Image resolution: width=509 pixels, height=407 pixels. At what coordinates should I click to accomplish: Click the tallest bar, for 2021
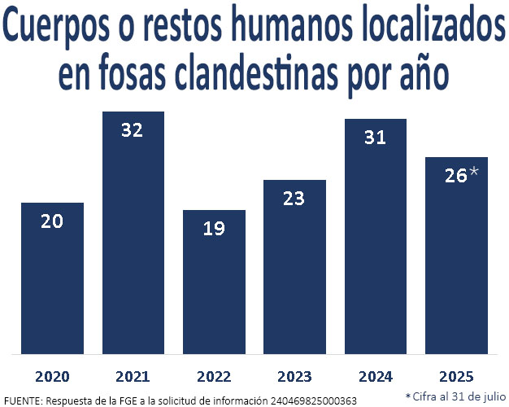coord(133,236)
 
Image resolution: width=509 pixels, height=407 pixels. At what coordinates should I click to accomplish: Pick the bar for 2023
coord(294,269)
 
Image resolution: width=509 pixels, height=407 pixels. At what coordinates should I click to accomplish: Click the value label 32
coord(133,130)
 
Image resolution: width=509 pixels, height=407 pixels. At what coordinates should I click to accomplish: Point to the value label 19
coord(214,229)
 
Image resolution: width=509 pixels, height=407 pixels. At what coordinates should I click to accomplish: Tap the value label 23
coord(294,198)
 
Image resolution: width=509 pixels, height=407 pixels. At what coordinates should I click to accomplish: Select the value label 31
coord(375,138)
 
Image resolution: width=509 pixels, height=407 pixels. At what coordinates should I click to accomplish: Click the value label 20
coord(52,221)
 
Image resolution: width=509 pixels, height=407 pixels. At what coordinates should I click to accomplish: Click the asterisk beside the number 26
coord(474,173)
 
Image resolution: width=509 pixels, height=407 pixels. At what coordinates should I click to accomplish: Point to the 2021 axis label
coord(133,377)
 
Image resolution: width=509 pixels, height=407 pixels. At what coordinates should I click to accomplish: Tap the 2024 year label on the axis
coord(375,377)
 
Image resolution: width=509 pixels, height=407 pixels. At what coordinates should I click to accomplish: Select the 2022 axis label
coord(214,377)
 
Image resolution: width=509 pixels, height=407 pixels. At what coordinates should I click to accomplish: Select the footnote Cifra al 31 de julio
coord(456,396)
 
